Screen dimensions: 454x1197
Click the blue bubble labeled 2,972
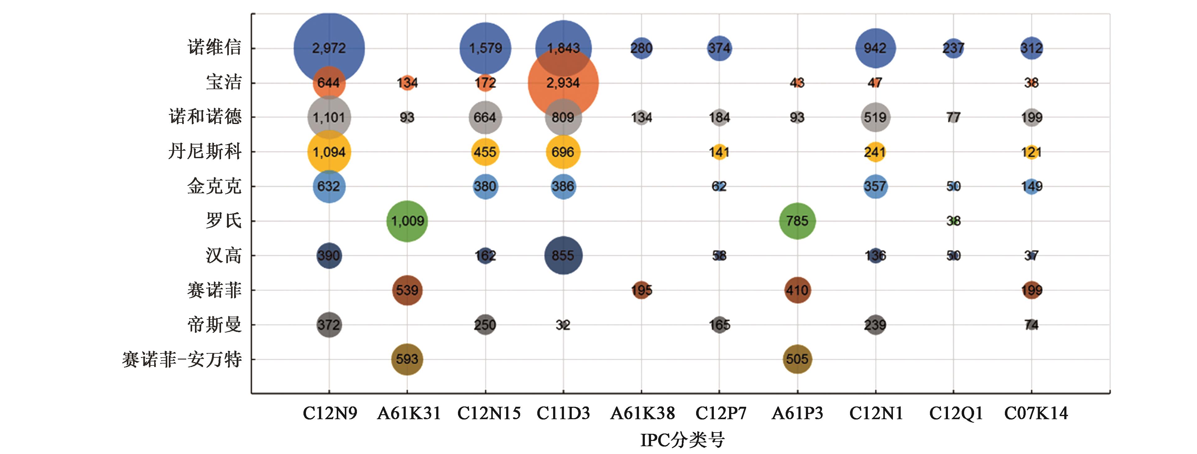[329, 48]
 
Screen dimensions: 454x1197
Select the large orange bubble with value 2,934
[563, 83]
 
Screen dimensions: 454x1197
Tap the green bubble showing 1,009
[407, 221]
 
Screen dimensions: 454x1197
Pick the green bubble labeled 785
[797, 221]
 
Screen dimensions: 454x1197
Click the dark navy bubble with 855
[563, 255]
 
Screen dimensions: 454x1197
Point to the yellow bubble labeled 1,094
[329, 152]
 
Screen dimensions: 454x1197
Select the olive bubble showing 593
[407, 359]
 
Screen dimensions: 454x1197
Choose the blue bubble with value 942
[875, 48]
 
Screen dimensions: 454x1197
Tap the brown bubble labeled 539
[407, 290]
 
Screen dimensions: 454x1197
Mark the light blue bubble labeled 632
[329, 186]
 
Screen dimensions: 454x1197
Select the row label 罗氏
[224, 221]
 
